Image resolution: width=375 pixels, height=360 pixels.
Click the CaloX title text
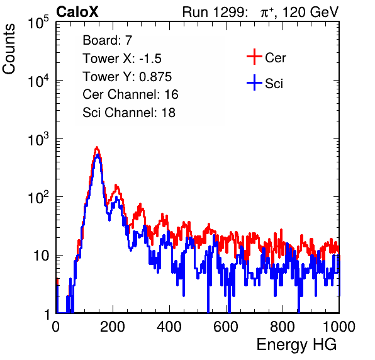click(x=77, y=12)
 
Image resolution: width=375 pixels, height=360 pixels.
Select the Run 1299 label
click(x=215, y=12)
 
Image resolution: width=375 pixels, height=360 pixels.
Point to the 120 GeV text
click(x=310, y=12)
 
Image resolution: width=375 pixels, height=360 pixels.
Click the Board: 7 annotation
click(x=107, y=40)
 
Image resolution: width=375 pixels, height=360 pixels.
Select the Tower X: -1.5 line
click(x=122, y=59)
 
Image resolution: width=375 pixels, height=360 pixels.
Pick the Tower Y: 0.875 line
click(x=127, y=77)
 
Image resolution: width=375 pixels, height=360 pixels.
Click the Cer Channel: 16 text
click(x=130, y=94)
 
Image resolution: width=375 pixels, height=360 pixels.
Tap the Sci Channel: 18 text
click(x=129, y=113)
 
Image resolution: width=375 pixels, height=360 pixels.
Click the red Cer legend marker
click(x=254, y=57)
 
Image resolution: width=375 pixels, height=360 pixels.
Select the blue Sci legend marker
click(x=254, y=83)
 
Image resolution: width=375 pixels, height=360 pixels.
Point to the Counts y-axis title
click(x=9, y=49)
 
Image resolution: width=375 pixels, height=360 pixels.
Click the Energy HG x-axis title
click(x=296, y=345)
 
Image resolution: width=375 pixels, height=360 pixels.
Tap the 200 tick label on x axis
click(x=113, y=326)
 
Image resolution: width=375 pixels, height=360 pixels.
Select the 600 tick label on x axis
click(x=226, y=326)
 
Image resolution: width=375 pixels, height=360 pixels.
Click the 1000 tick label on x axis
click(x=339, y=326)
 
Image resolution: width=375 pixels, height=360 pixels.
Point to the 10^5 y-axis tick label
click(x=38, y=23)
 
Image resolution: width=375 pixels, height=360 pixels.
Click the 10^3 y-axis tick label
click(x=38, y=139)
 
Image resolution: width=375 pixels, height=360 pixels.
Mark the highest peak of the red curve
click(x=97, y=147)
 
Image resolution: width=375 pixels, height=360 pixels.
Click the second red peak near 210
click(x=116, y=186)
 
